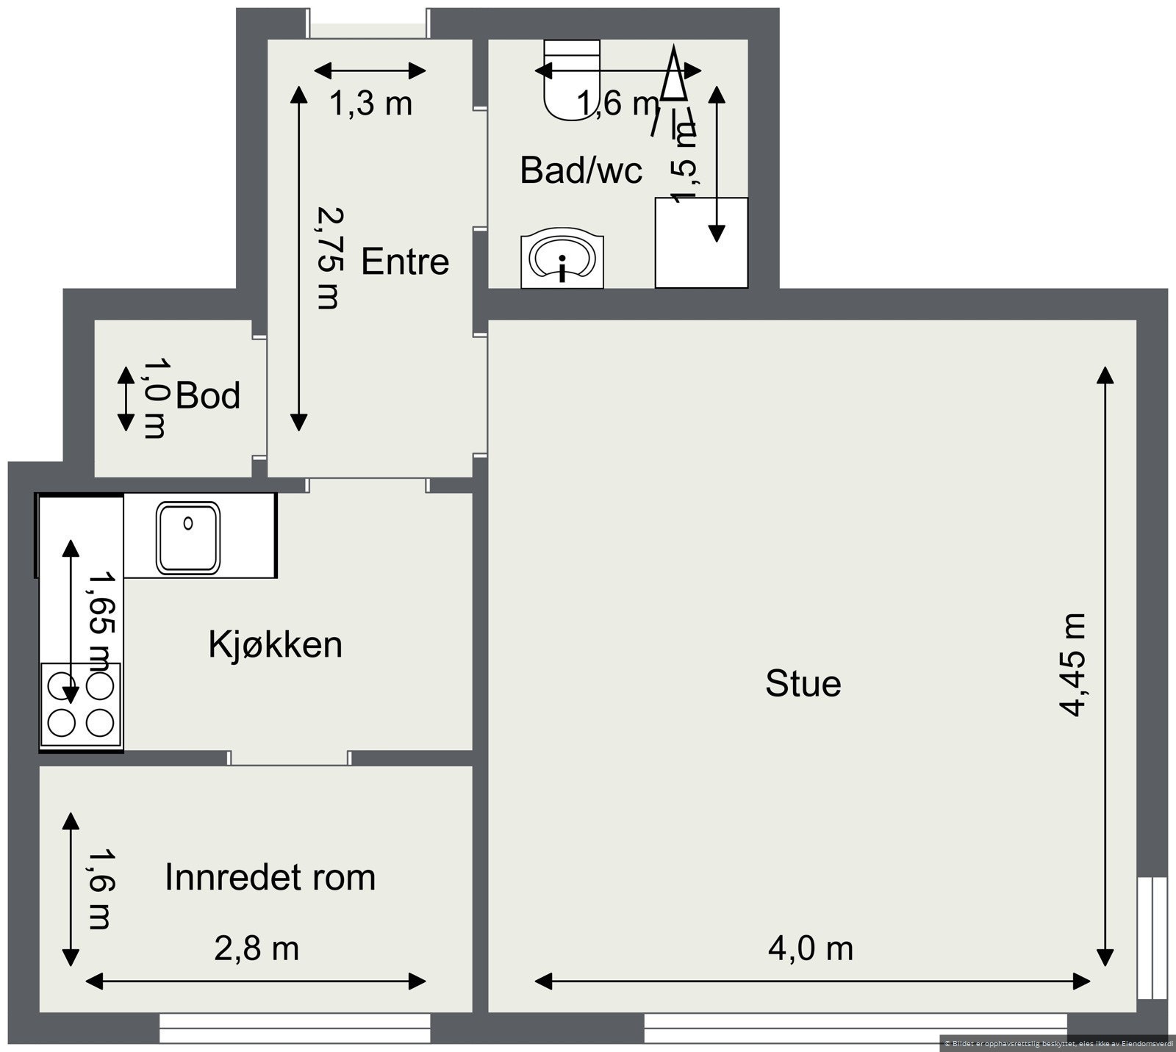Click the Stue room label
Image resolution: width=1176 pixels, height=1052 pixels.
803,684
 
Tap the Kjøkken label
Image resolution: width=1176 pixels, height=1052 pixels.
276,645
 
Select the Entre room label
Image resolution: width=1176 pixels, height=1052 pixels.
405,262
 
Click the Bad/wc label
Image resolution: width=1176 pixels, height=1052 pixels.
581,170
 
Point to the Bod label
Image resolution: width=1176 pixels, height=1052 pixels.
208,396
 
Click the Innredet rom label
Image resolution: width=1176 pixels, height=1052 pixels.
270,877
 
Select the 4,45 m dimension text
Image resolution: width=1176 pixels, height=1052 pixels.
1072,665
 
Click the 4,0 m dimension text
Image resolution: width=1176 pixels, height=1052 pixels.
811,948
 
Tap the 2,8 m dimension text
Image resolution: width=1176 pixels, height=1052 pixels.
257,948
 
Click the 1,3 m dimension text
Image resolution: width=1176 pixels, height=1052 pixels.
370,104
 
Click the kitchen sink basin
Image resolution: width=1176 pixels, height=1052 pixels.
188,538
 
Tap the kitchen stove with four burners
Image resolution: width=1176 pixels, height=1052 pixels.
81,706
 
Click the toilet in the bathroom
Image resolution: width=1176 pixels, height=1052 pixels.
572,79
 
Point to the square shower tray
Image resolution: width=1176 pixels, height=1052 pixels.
701,242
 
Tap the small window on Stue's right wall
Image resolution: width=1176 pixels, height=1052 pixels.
1152,938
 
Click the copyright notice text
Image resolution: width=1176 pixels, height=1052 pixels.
1058,1042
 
